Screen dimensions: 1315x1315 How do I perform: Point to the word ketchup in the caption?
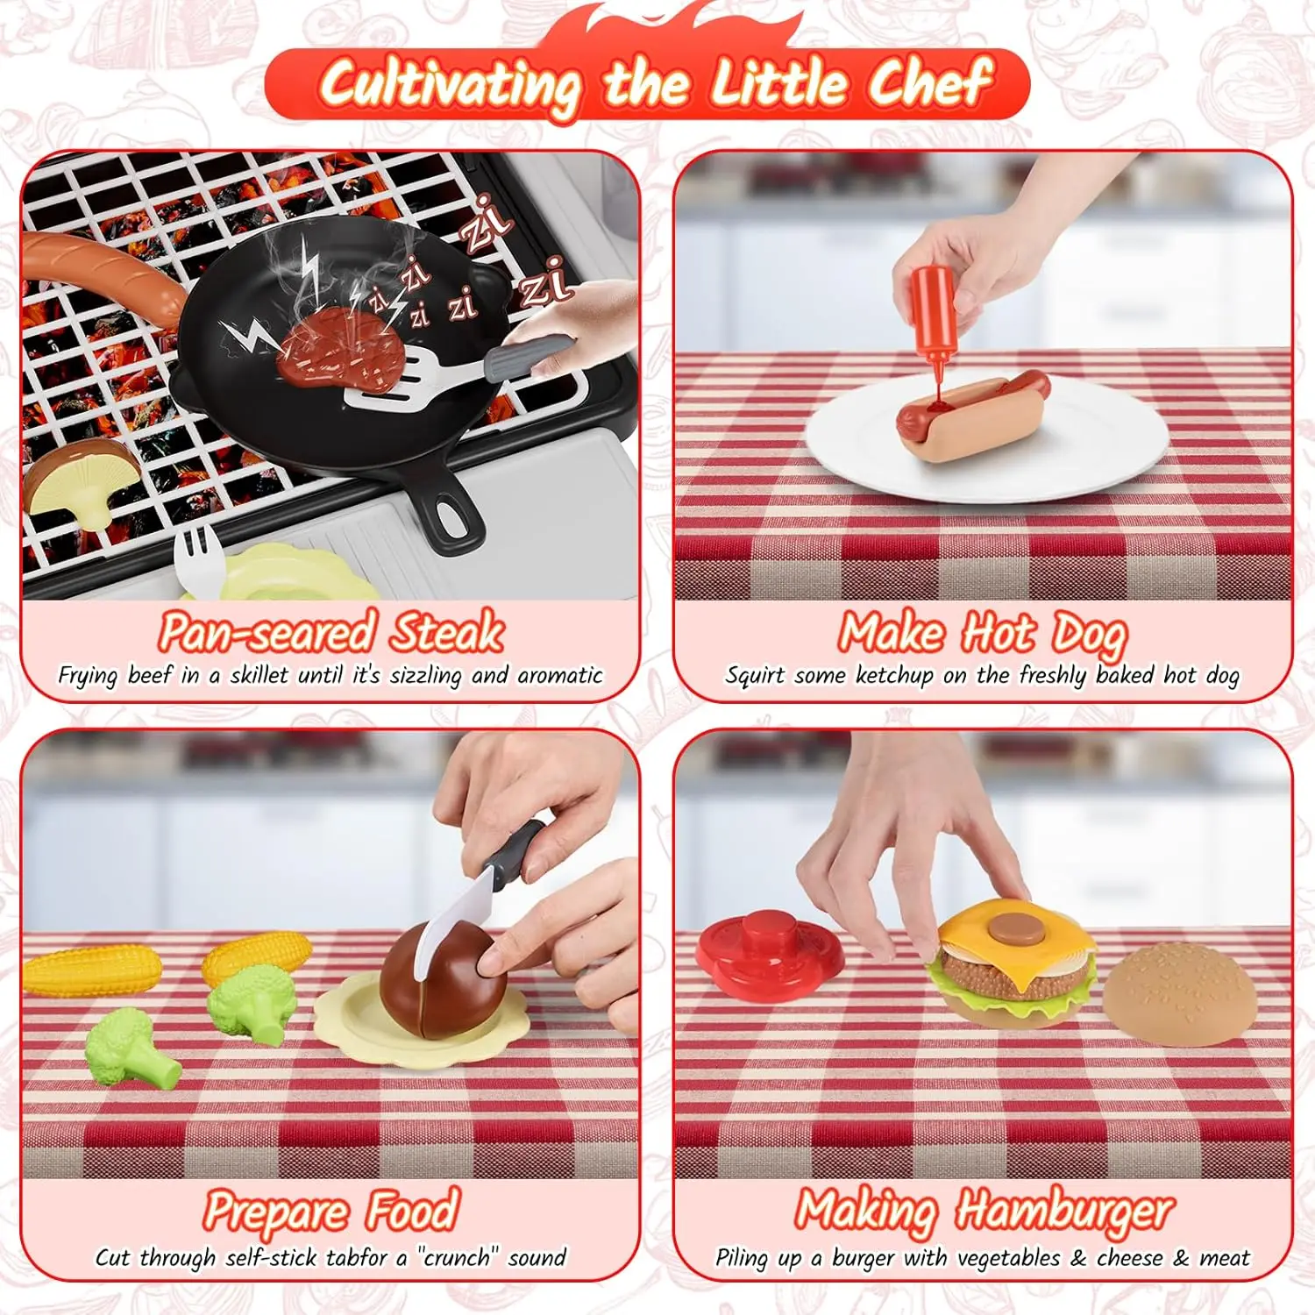click(894, 675)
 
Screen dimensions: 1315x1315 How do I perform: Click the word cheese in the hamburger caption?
click(1130, 1259)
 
